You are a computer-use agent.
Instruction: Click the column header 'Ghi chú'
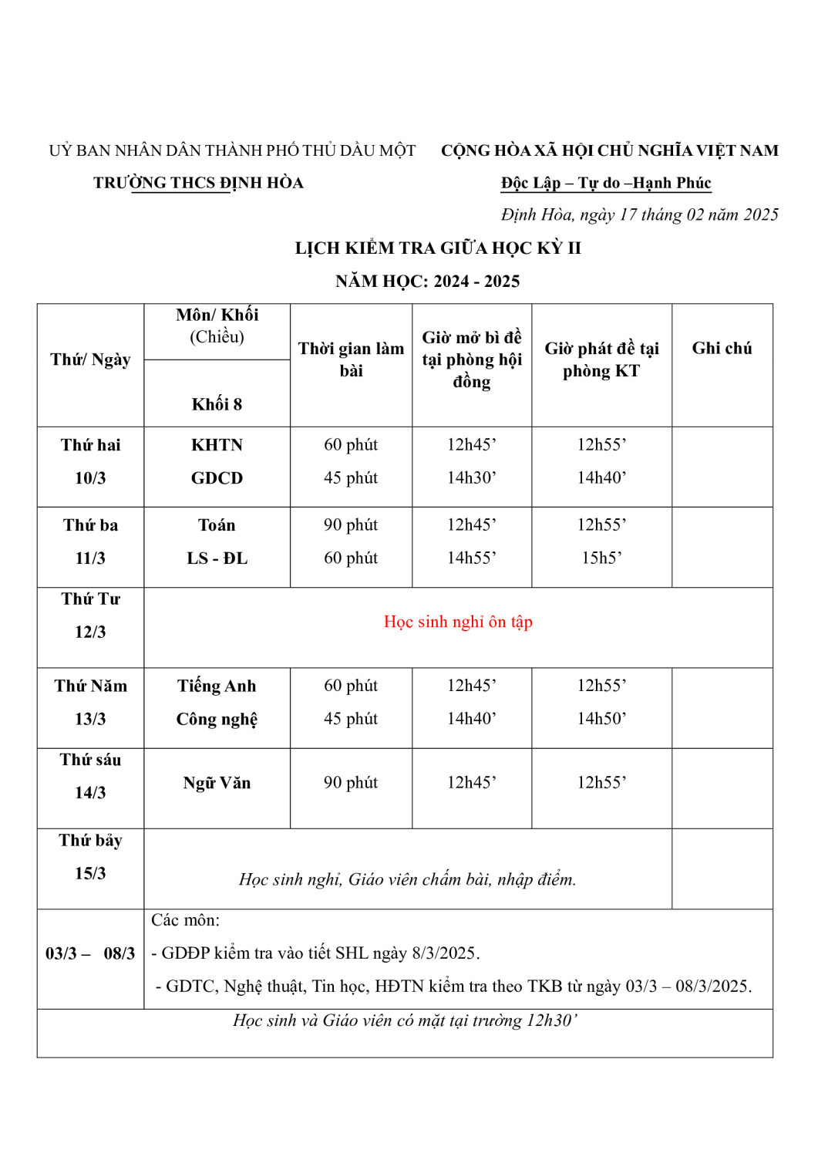[721, 348]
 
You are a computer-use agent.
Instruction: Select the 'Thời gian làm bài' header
[351, 359]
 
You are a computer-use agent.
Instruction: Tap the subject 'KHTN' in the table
[217, 445]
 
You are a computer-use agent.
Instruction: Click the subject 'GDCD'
[217, 478]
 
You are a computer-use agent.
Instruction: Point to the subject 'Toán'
[217, 525]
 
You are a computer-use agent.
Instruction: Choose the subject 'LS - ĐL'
[217, 558]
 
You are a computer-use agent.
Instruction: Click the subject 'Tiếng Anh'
[217, 686]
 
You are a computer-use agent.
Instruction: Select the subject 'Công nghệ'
[217, 719]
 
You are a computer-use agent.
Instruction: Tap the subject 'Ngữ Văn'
[217, 783]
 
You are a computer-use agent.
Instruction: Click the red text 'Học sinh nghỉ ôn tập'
[458, 622]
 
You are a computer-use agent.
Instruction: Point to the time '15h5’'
[601, 558]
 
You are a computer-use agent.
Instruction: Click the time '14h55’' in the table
[471, 558]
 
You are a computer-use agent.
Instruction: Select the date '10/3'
[90, 478]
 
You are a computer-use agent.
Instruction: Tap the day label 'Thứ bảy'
[90, 840]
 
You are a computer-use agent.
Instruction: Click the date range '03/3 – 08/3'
[90, 953]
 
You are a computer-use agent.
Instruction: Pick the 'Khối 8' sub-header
[217, 404]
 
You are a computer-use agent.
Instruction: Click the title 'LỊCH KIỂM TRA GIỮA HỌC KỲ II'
[438, 248]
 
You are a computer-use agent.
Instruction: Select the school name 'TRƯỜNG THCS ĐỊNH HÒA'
[198, 183]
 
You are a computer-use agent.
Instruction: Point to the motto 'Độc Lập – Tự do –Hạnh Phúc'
[605, 183]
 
